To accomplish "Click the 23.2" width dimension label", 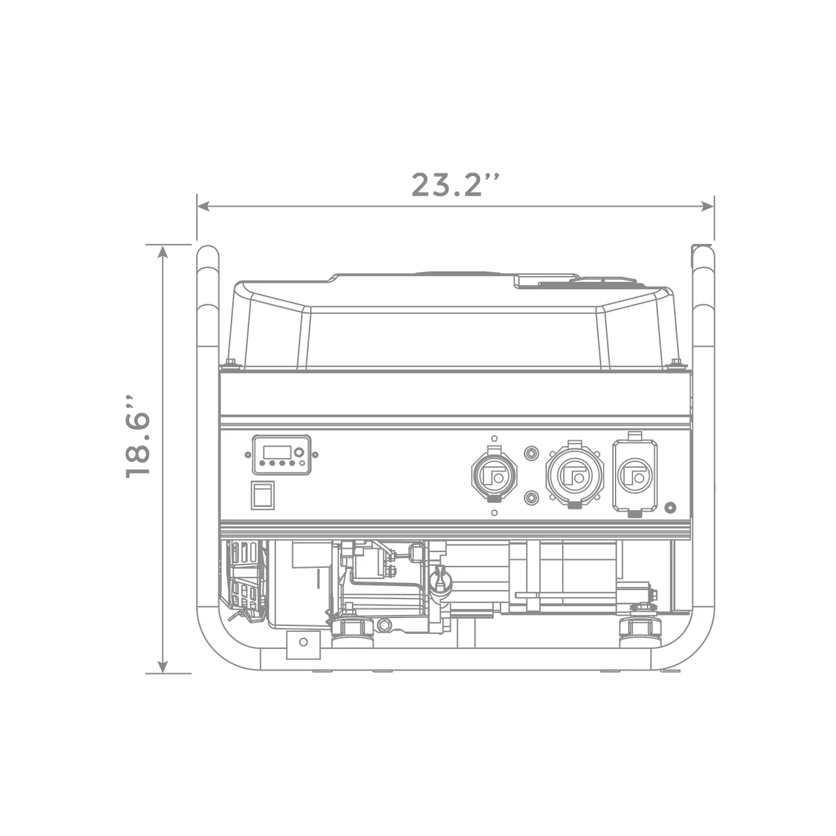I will tap(455, 185).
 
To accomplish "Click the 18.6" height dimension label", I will tap(139, 436).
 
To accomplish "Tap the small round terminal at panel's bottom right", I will tap(669, 507).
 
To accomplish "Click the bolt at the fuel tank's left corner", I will tap(231, 362).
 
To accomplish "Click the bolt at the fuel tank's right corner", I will tap(676, 362).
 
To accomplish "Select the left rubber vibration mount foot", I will tap(353, 629).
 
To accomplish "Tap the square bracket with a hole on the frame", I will tap(303, 644).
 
